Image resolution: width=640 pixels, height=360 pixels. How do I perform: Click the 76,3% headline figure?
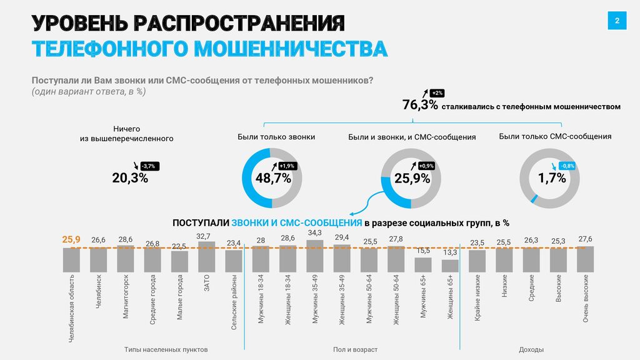pyautogui.click(x=420, y=105)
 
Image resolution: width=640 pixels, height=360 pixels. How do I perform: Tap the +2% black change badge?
pyautogui.click(x=437, y=93)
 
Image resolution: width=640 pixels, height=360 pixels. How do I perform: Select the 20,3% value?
pyautogui.click(x=130, y=178)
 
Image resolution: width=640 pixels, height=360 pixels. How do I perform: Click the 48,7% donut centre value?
pyautogui.click(x=273, y=178)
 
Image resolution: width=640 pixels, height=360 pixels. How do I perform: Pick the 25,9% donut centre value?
pyautogui.click(x=412, y=178)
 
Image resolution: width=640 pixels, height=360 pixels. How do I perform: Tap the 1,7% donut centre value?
pyautogui.click(x=551, y=178)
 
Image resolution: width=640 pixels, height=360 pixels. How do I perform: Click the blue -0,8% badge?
pyautogui.click(x=567, y=166)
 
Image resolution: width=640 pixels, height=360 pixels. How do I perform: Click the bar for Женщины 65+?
pyautogui.click(x=450, y=265)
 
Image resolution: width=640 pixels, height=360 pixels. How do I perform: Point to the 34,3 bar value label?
pyautogui.click(x=315, y=233)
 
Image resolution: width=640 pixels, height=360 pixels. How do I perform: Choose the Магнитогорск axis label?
pyautogui.click(x=126, y=296)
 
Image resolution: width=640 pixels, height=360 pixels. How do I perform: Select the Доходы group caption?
pyautogui.click(x=531, y=349)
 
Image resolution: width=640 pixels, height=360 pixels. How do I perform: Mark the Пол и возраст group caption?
pyautogui.click(x=352, y=349)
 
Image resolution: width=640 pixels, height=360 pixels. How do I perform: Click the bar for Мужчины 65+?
pyautogui.click(x=423, y=264)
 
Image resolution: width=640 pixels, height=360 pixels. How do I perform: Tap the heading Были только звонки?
pyautogui.click(x=276, y=136)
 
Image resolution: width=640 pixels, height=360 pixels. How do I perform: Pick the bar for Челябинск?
pyautogui.click(x=99, y=259)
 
